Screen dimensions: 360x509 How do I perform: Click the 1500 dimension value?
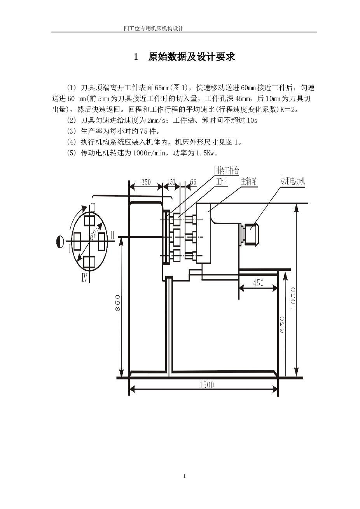pyautogui.click(x=206, y=385)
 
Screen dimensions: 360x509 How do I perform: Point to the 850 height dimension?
pyautogui.click(x=118, y=303)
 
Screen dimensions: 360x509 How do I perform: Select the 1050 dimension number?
pyautogui.click(x=293, y=298)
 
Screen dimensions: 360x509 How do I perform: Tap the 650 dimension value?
pyautogui.click(x=282, y=324)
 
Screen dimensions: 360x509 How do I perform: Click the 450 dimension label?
pyautogui.click(x=258, y=283)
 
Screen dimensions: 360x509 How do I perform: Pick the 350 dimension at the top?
pyautogui.click(x=146, y=182)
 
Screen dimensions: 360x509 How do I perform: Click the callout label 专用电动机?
pyautogui.click(x=292, y=181)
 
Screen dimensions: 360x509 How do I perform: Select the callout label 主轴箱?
pyautogui.click(x=249, y=181)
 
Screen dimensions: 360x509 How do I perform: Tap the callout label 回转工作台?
pyautogui.click(x=227, y=170)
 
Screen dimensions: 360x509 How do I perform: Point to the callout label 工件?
pyautogui.click(x=221, y=181)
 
